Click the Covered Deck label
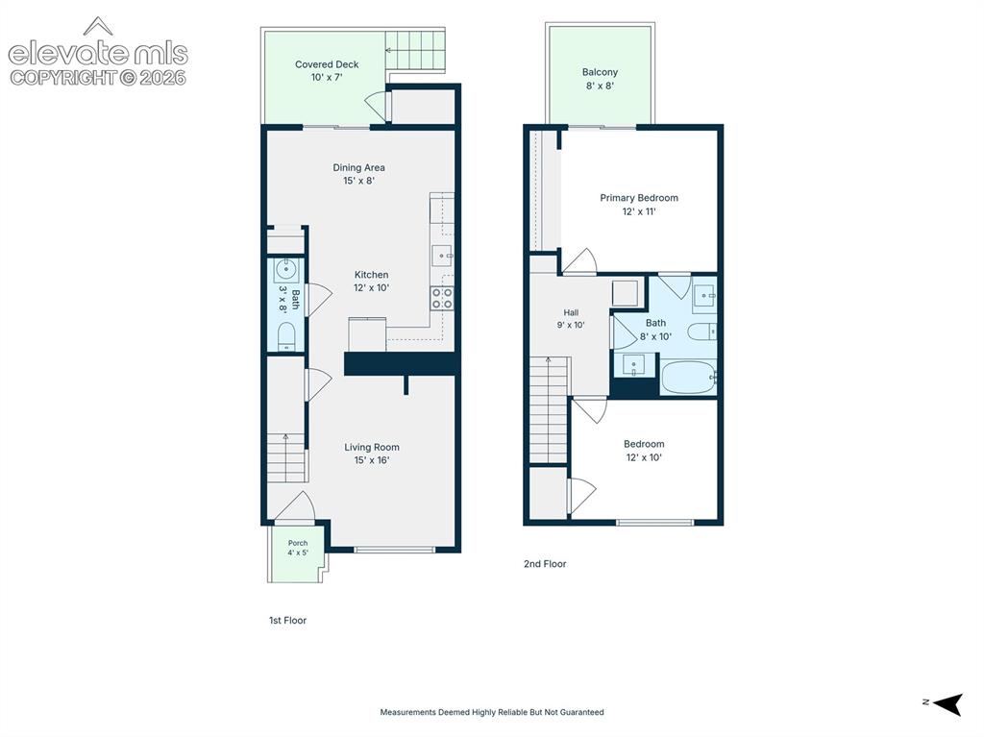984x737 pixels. pos(327,64)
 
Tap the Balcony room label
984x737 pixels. pos(600,72)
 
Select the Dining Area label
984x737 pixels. pos(359,167)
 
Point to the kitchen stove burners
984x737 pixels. pos(442,298)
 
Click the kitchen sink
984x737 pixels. pos(442,256)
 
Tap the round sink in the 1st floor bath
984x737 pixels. pos(286,271)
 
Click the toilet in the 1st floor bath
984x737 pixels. pos(286,336)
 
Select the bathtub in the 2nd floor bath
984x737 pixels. pos(688,377)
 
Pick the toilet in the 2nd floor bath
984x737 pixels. pos(701,332)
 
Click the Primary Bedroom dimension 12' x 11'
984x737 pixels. pos(639,211)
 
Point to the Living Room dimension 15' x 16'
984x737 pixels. pos(372,460)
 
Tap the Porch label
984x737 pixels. pos(298,543)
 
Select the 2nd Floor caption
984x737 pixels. pos(545,564)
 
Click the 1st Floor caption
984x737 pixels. pos(287,620)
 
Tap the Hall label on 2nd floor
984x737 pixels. pos(571,312)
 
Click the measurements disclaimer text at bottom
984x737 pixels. pos(492,712)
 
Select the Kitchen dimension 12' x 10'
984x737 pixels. pos(372,287)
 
